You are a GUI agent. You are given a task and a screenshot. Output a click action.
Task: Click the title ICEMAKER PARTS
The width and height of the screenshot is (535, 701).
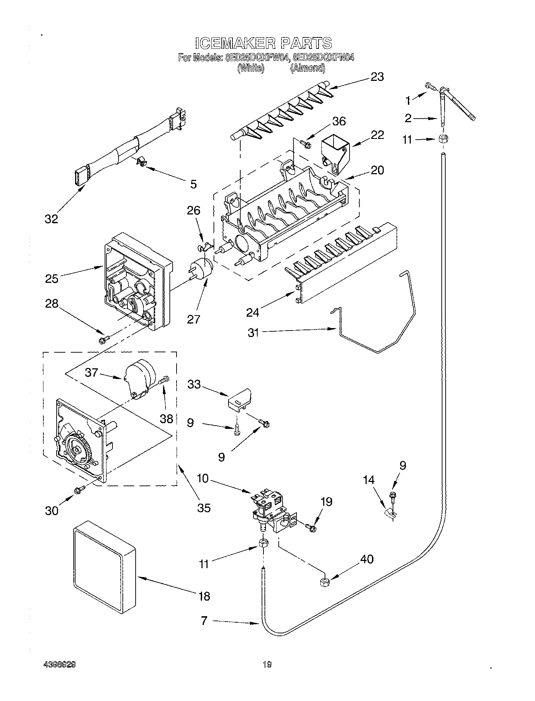pos(264,43)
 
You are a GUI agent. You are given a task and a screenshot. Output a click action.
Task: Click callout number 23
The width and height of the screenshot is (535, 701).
pos(377,77)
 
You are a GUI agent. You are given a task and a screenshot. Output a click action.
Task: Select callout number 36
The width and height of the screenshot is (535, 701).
pos(339,121)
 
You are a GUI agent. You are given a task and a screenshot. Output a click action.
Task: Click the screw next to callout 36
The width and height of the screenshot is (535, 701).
pos(305,144)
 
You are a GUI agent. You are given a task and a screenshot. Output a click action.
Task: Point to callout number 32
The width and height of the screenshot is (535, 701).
pos(51,219)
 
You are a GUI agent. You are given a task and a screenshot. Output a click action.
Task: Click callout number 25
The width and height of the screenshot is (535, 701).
pos(52,279)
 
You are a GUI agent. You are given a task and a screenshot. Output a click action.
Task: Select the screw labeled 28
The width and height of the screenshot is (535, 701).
pos(103,341)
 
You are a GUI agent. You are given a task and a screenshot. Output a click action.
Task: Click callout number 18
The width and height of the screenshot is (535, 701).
pos(204,596)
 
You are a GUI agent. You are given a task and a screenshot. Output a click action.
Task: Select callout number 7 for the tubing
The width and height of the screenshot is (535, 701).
pos(204,621)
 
